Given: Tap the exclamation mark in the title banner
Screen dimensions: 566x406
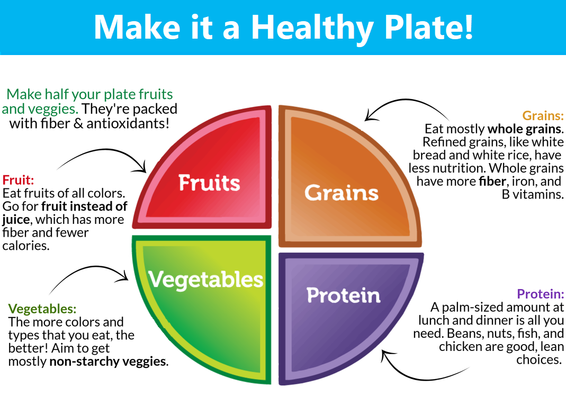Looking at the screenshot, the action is pos(468,26).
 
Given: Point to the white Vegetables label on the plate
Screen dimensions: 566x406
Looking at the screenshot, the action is pos(206,279).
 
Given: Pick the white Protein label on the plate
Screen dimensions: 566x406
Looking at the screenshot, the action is pos(343,295).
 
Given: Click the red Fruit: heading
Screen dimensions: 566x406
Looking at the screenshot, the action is pos(18,180).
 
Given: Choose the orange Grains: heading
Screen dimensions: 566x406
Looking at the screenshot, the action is pos(543,115).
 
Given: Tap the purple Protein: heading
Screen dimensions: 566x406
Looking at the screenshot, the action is pos(540,294).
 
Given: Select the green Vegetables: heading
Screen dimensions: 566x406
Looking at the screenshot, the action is pos(42,309).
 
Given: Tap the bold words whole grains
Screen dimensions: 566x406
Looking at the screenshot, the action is pos(524,129).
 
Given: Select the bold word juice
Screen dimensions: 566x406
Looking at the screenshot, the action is pos(16,220).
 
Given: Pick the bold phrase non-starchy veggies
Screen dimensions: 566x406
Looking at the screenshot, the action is pos(107,361).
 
